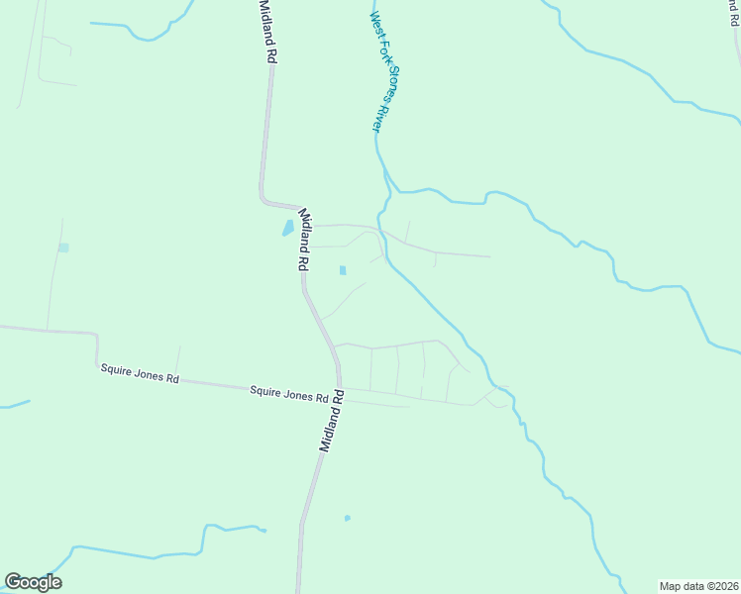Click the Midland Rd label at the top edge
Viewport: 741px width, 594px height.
[x=265, y=32]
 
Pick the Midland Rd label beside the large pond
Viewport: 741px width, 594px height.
[x=304, y=241]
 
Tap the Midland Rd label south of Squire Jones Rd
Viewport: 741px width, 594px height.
[x=331, y=422]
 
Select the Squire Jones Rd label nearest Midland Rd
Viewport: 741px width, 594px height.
[x=288, y=393]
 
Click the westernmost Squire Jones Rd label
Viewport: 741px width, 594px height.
[x=140, y=373]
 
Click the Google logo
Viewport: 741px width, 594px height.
[x=33, y=582]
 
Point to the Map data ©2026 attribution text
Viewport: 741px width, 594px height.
[x=698, y=586]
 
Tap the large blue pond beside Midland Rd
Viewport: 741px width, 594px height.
[x=287, y=228]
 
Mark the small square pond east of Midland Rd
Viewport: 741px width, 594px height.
[x=343, y=270]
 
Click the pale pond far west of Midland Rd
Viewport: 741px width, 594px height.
[x=63, y=247]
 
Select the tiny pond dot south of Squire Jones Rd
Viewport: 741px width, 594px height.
[x=347, y=518]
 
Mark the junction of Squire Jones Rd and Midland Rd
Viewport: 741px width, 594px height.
[x=339, y=387]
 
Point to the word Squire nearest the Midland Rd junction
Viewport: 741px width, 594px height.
[x=265, y=391]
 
